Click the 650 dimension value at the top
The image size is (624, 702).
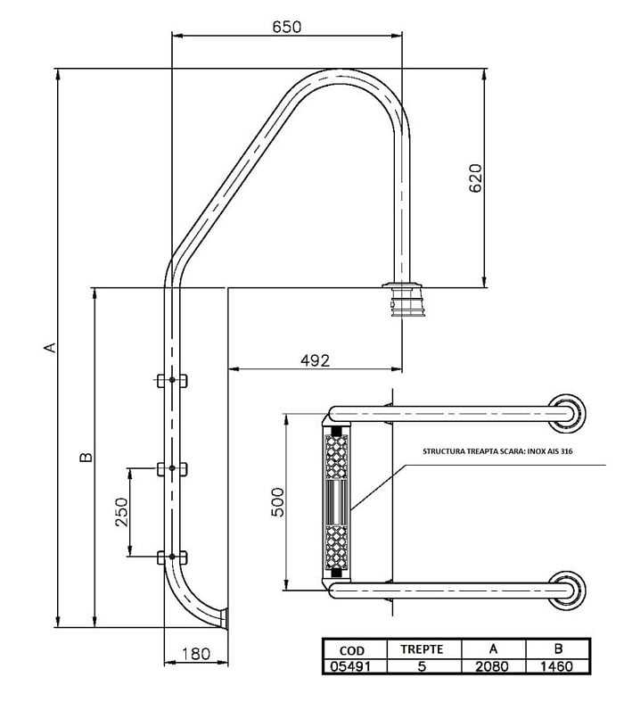(x=286, y=27)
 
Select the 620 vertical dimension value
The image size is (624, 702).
(x=475, y=178)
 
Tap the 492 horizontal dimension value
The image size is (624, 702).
(x=314, y=359)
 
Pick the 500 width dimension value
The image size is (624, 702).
(x=277, y=501)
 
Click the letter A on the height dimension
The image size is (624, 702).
(x=51, y=347)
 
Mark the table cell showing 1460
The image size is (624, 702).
(x=558, y=665)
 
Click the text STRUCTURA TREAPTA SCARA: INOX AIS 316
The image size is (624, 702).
(x=497, y=452)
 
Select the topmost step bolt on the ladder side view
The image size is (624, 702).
(x=170, y=381)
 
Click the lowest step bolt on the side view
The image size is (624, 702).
(x=170, y=558)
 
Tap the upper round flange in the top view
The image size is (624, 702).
(x=568, y=412)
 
